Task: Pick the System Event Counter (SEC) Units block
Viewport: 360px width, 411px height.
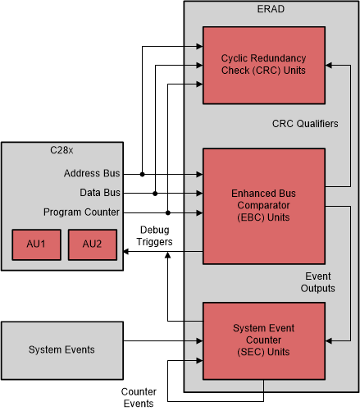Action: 264,340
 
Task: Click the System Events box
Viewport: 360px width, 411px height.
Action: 62,349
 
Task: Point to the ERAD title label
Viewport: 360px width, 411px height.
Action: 270,10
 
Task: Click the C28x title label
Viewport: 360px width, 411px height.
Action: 62,151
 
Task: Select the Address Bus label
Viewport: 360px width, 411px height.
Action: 92,174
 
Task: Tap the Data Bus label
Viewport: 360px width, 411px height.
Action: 101,193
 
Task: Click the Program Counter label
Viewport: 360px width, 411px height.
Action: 82,212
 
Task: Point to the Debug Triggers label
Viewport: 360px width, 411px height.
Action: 155,235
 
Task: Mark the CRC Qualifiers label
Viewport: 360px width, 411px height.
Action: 305,123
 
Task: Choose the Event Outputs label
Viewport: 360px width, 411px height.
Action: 318,282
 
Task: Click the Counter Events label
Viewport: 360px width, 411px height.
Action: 139,397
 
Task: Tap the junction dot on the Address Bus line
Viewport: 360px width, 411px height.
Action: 142,174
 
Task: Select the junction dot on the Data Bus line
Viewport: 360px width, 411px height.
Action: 155,193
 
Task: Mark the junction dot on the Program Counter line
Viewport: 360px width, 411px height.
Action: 167,212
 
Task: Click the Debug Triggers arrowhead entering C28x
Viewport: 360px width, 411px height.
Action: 126,253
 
